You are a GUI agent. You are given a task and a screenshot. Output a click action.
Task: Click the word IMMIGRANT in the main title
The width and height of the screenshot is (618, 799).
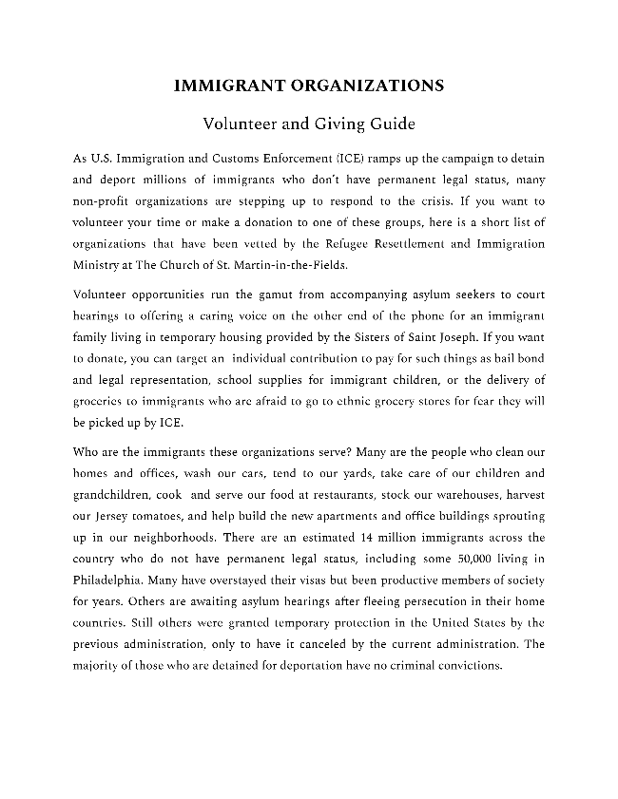pos(222,86)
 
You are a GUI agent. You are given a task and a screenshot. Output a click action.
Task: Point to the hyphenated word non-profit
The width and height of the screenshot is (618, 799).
pos(100,201)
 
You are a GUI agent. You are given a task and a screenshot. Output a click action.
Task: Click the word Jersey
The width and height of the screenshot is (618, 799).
pos(111,517)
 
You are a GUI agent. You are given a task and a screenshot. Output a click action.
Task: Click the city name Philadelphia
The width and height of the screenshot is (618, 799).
pos(109,580)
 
